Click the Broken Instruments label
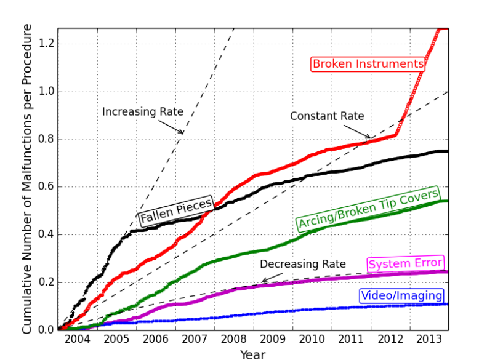point(368,64)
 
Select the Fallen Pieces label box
point(176,212)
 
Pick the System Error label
point(405,264)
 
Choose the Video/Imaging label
point(401,296)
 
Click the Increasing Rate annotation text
point(143,111)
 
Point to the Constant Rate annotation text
point(327,116)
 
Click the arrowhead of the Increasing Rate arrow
point(183,132)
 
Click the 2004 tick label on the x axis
point(78,340)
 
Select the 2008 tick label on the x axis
point(234,340)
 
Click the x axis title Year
point(253,354)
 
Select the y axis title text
point(28,178)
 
